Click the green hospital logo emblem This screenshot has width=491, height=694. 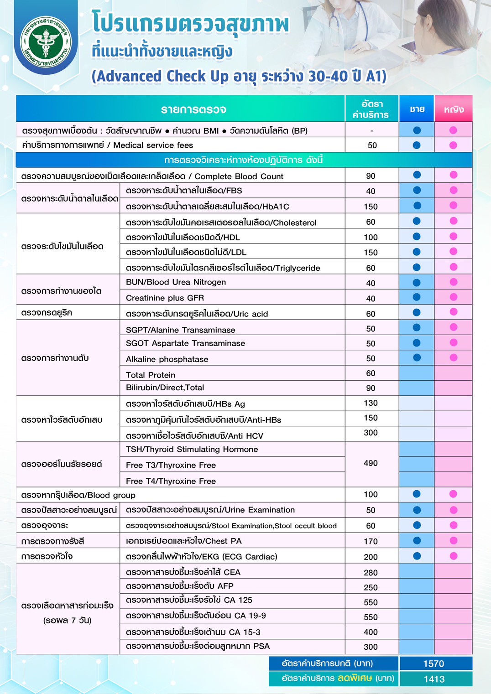point(46,42)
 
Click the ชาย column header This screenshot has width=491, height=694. point(417,109)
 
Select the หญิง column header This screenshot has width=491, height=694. point(454,109)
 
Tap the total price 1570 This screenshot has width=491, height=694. point(434,663)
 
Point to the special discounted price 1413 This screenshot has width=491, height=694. point(434,679)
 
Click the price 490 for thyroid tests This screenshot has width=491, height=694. point(371,463)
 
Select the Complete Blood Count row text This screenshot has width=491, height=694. point(152,176)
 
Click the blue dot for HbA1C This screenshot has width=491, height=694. point(417,206)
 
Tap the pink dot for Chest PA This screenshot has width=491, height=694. point(453,540)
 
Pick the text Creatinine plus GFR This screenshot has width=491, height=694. point(165,298)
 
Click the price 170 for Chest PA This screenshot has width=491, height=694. point(371,541)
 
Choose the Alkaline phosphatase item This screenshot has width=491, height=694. point(167,359)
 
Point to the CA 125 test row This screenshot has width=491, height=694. point(189,600)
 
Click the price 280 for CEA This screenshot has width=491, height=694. point(371,573)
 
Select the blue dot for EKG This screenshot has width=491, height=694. point(417,556)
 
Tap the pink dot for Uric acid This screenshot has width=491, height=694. point(453,312)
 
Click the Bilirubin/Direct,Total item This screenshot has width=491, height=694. point(165,388)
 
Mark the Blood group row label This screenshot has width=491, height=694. point(78,495)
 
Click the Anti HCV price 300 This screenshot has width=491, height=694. point(371,433)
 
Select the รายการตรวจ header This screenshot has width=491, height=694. point(193,109)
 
